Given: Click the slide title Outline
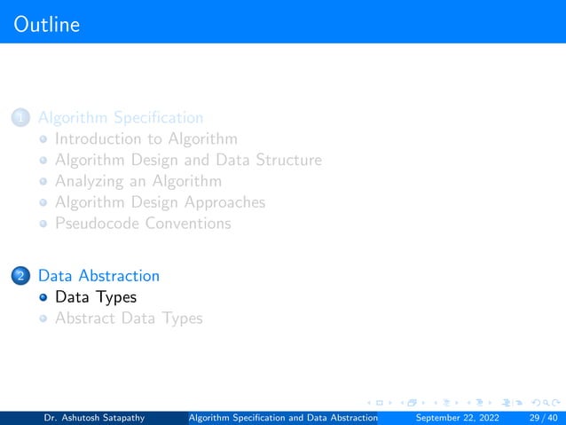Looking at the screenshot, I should click(x=47, y=24).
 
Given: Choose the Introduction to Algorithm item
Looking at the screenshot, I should click(x=145, y=138).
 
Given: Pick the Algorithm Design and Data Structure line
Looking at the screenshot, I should click(x=188, y=160).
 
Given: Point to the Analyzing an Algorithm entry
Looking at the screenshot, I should click(x=138, y=181).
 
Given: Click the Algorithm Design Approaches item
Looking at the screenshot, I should click(x=160, y=202).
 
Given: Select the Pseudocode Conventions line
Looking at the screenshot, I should click(x=143, y=224).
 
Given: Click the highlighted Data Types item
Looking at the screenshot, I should click(x=96, y=297).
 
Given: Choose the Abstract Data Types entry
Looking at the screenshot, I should click(x=129, y=318).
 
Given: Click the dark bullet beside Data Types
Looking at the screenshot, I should click(x=43, y=298).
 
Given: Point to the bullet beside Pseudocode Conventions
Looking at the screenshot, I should click(x=43, y=224).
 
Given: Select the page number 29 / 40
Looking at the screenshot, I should click(x=541, y=418).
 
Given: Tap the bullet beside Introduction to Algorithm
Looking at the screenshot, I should click(x=43, y=139).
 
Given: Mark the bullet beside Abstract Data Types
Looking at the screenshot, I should click(x=43, y=319).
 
